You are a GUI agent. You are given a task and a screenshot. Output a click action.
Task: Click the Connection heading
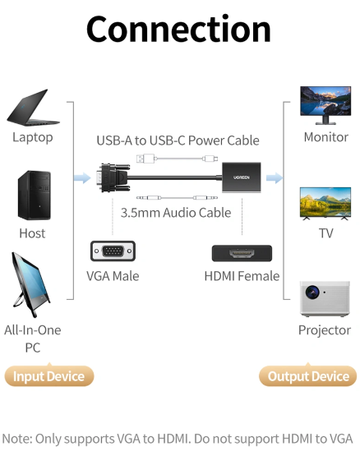(x=178, y=30)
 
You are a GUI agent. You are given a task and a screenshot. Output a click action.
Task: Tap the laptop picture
(x=33, y=108)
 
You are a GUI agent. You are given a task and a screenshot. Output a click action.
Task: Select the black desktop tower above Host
(x=35, y=196)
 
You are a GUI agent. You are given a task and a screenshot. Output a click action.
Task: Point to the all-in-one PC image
(x=30, y=284)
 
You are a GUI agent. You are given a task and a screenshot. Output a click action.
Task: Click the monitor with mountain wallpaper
(x=325, y=105)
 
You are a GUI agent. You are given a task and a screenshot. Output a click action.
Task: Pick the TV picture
(x=325, y=204)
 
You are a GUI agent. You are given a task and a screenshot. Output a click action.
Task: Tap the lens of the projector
(x=312, y=292)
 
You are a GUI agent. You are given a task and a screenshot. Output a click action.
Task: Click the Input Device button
(x=49, y=376)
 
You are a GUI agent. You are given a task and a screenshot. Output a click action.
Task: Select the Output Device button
(x=308, y=376)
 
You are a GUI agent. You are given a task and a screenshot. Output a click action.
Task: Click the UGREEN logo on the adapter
(x=242, y=177)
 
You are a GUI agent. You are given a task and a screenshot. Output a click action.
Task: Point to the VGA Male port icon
(x=113, y=251)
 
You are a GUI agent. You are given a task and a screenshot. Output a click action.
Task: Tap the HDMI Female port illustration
(x=242, y=253)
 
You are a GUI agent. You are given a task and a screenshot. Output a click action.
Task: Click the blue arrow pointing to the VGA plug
(x=82, y=177)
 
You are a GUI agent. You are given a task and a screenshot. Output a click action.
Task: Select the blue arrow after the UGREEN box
(x=275, y=177)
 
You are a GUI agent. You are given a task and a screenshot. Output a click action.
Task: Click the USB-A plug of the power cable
(x=145, y=159)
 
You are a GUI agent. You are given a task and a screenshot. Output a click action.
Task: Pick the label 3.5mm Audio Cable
(x=176, y=213)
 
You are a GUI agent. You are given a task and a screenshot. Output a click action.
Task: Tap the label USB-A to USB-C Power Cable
(x=178, y=140)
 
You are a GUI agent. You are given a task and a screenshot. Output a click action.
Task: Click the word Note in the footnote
(x=16, y=439)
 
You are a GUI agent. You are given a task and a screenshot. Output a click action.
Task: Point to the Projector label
(x=325, y=330)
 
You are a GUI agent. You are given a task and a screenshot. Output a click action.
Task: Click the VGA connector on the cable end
(x=113, y=177)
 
